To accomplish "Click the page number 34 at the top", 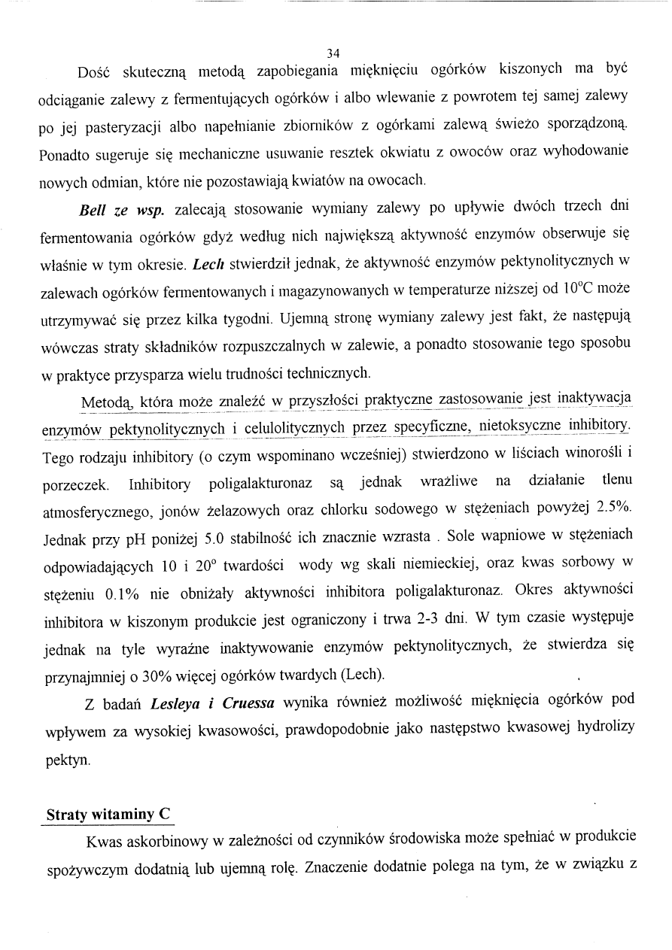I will [334, 53].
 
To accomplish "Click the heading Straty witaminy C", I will [108, 814].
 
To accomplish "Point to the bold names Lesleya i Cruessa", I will [213, 704].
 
